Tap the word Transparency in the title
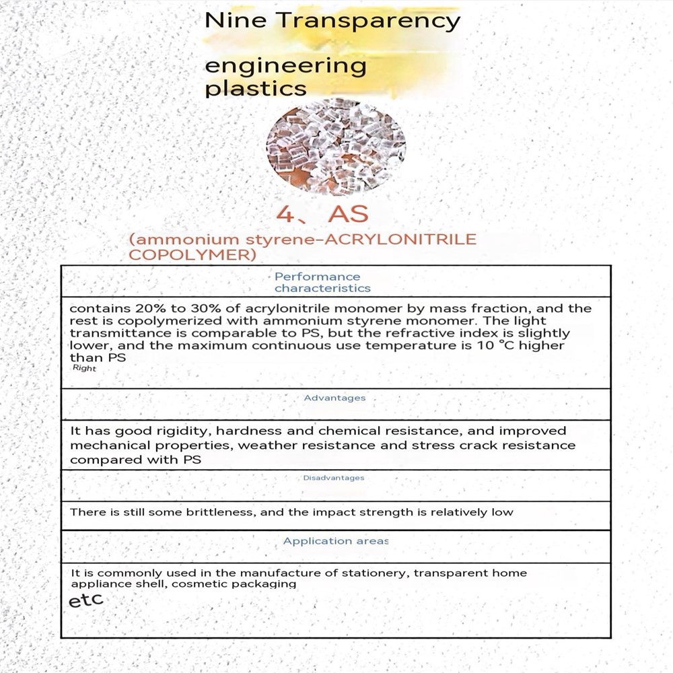pos(368,22)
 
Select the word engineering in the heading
pos(285,67)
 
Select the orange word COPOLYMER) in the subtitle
pos(192,255)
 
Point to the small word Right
pos(84,369)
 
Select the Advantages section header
pos(334,398)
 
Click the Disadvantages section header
pos(333,478)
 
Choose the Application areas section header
pos(335,541)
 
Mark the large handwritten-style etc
pos(86,600)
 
